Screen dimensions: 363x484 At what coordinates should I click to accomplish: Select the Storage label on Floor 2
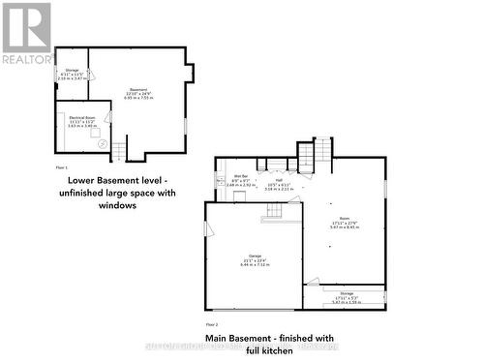point(346,296)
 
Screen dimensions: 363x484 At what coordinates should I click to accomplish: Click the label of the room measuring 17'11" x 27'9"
point(345,219)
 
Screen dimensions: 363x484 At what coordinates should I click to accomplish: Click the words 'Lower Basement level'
point(114,181)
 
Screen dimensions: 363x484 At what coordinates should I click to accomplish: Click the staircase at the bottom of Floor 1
point(120,150)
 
